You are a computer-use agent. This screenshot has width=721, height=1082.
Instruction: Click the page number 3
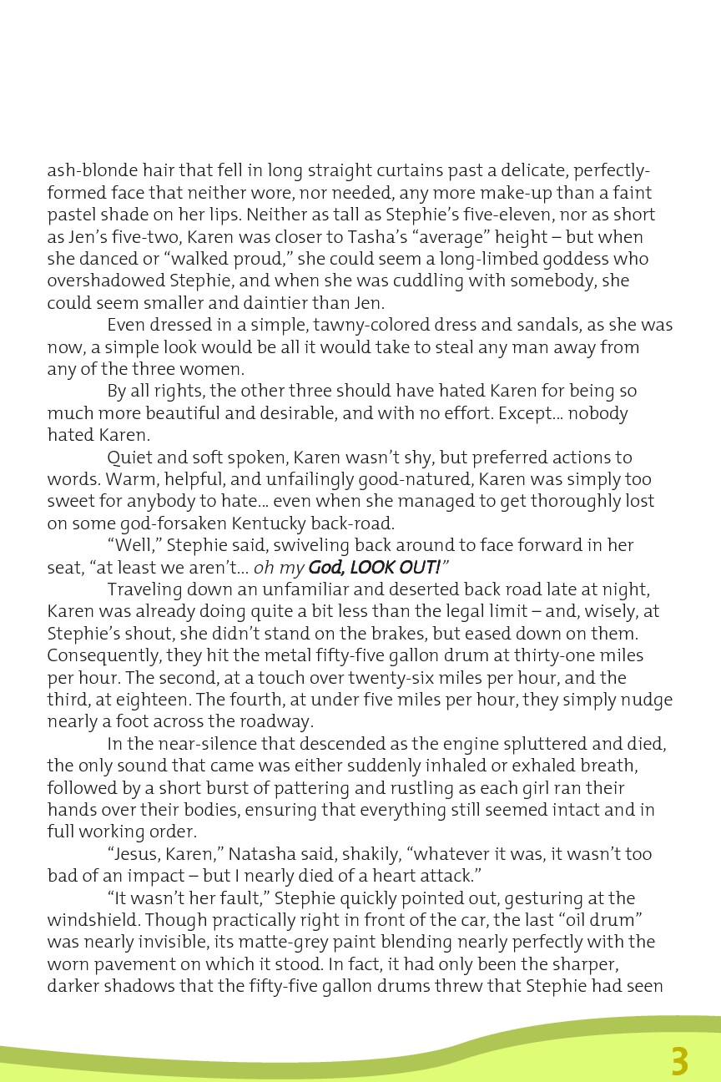(680, 1061)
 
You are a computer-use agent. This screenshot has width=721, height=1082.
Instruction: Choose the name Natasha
(262, 854)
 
